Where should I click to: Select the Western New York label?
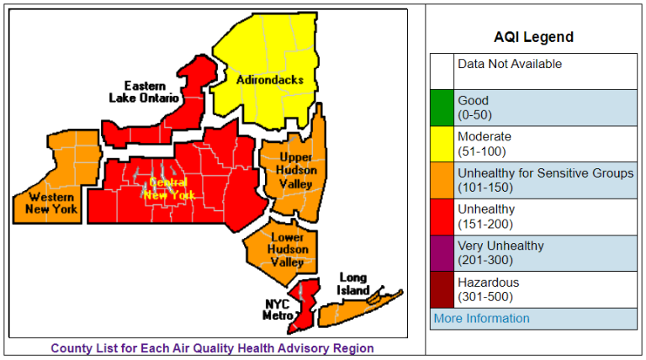pos(48,202)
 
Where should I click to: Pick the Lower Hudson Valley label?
pos(286,249)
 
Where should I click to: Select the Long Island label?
pos(353,284)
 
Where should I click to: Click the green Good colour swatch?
pos(442,107)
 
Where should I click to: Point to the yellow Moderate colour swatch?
pos(442,143)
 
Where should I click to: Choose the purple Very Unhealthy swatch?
pos(442,252)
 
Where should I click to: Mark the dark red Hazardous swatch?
pos(442,289)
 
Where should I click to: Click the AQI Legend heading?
pos(533,37)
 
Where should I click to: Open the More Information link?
pos(481,319)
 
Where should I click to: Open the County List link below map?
pos(212,348)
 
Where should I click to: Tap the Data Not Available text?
pos(510,64)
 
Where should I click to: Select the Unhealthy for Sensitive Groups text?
pos(545,173)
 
